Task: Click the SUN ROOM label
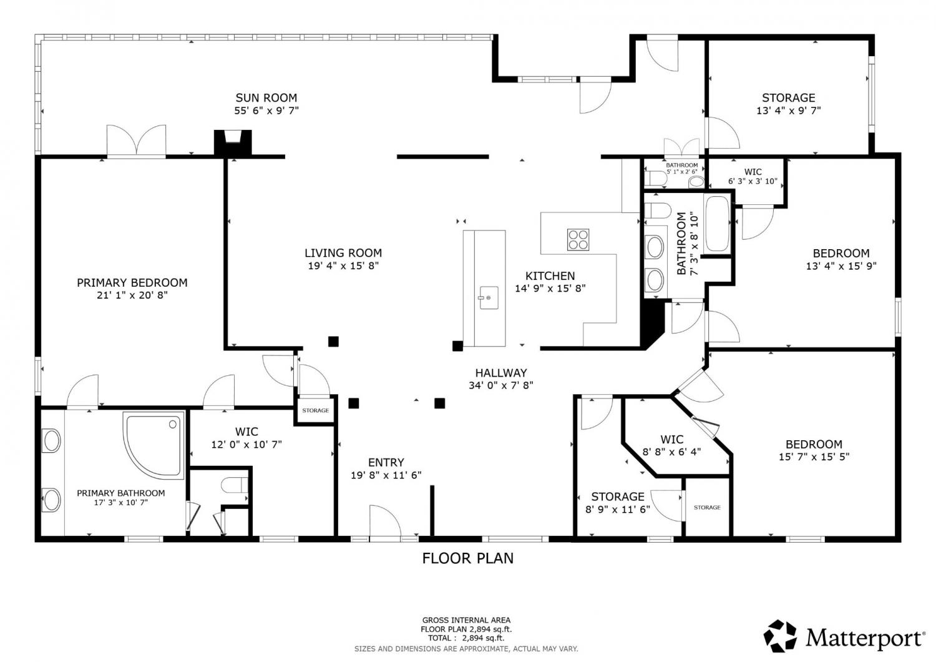pyautogui.click(x=266, y=98)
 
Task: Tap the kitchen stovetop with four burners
pyautogui.click(x=578, y=240)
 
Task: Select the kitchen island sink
pyautogui.click(x=489, y=298)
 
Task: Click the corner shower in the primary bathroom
pyautogui.click(x=154, y=445)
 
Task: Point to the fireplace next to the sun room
pyautogui.click(x=233, y=143)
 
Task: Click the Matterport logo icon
pyautogui.click(x=780, y=636)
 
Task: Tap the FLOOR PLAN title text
pyautogui.click(x=467, y=558)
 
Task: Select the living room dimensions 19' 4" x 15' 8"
pyautogui.click(x=343, y=265)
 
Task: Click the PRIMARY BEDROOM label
pyautogui.click(x=132, y=283)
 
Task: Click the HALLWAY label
pyautogui.click(x=500, y=373)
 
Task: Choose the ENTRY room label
pyautogui.click(x=386, y=463)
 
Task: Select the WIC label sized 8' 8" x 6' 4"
pyautogui.click(x=672, y=440)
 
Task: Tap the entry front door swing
pyautogui.click(x=385, y=521)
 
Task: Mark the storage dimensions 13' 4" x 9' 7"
pyautogui.click(x=789, y=111)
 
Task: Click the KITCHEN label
pyautogui.click(x=550, y=276)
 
